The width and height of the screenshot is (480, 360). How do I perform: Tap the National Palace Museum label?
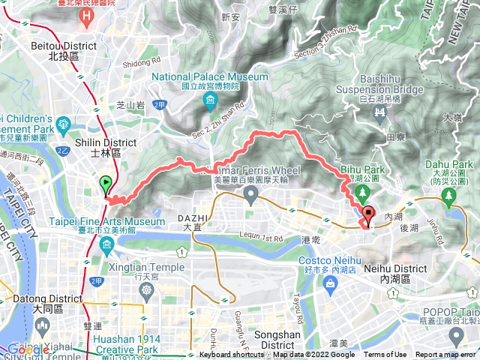pyautogui.click(x=209, y=76)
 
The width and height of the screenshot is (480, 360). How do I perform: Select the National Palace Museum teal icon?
pyautogui.click(x=211, y=100)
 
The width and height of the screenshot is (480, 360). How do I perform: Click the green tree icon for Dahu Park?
pyautogui.click(x=450, y=197)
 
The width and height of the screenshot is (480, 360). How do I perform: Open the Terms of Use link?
pyautogui.click(x=385, y=355)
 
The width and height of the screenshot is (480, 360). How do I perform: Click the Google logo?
pyautogui.click(x=28, y=349)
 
